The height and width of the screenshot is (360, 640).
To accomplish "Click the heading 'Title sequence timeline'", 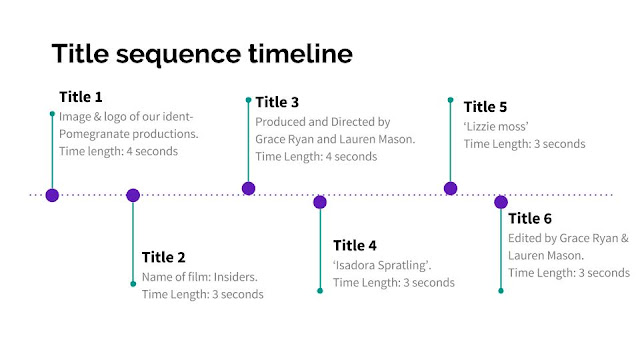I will (x=201, y=52).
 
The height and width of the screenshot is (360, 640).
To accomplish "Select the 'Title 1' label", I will (x=80, y=97).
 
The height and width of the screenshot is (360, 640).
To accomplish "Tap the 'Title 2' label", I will (x=164, y=257).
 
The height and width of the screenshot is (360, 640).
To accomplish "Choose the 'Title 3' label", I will (x=277, y=102).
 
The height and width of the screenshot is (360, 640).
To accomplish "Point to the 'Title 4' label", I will (x=355, y=245).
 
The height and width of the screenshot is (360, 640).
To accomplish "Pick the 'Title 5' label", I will (x=485, y=106).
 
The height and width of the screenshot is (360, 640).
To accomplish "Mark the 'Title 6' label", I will (x=530, y=219).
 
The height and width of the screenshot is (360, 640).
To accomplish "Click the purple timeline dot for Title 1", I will (x=52, y=196).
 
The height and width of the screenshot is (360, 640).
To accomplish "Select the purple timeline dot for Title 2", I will (x=133, y=196).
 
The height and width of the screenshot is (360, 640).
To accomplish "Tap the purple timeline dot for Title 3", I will (x=249, y=188).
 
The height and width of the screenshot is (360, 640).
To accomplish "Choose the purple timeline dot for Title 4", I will (x=320, y=202).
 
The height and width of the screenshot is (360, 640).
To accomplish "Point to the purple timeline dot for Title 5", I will (x=450, y=188).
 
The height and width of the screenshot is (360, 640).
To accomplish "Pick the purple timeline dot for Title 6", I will (x=501, y=202).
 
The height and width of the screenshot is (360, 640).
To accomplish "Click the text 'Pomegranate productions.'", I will (x=128, y=134).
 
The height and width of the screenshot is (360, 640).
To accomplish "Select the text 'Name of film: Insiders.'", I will (x=200, y=276).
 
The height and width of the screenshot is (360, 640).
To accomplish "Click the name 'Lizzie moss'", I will (x=496, y=126).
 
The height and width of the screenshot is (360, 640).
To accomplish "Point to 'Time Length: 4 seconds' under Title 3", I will (x=316, y=157).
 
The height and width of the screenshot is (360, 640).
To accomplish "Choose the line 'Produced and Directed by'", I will (x=322, y=121).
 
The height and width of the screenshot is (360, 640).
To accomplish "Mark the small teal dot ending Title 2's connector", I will (x=133, y=284).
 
